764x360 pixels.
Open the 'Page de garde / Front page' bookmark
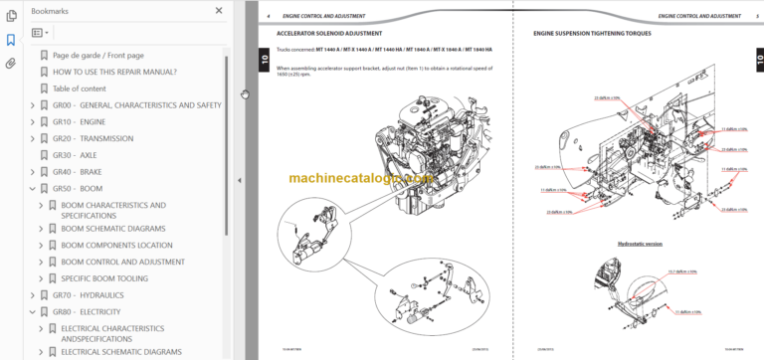[x=97, y=56]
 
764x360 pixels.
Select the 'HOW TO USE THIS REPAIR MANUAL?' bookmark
[x=114, y=72]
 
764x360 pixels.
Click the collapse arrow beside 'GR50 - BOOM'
[x=32, y=188]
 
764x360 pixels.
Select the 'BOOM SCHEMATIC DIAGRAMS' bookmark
[x=112, y=229]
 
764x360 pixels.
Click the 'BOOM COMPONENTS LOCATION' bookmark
[x=116, y=245]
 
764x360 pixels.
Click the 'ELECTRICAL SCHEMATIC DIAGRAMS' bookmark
[x=121, y=351]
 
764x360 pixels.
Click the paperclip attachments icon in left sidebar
[x=11, y=64]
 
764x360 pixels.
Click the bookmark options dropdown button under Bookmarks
[x=41, y=33]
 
